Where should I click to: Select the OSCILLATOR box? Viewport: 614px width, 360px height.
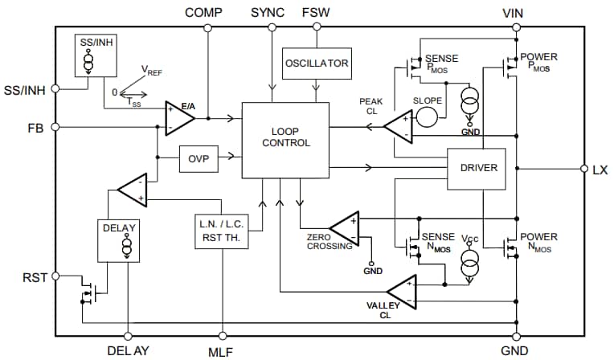pos(316,63)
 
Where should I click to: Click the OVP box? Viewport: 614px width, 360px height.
pos(198,158)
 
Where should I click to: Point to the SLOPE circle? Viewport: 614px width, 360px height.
pos(428,116)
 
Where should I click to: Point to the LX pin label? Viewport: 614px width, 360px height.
pos(600,170)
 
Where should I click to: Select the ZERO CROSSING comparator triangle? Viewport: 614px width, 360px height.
pos(345,225)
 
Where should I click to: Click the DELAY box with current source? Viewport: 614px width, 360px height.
pos(120,239)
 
